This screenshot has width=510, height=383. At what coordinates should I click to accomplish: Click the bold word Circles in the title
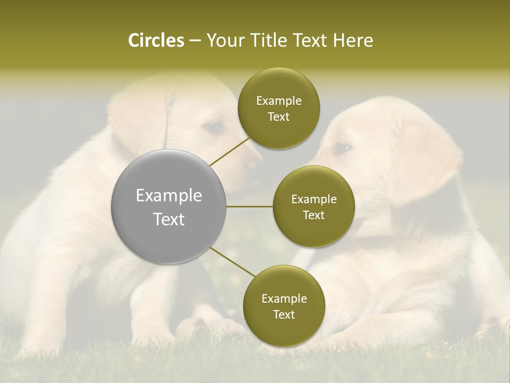tap(156, 40)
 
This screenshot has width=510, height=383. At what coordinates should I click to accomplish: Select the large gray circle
tap(169, 206)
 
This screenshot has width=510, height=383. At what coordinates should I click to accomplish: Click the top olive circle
tap(278, 108)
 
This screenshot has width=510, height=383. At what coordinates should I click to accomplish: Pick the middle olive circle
tap(313, 206)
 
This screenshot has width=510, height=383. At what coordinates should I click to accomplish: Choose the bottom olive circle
tap(284, 306)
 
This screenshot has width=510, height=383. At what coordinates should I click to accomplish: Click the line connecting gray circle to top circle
tap(229, 151)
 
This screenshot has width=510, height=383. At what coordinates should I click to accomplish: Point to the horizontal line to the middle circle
tap(250, 206)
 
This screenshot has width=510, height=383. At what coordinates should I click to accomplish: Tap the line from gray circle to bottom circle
tap(233, 263)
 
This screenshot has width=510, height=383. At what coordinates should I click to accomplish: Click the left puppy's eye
tap(215, 127)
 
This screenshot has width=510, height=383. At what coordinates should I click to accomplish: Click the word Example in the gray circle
tap(169, 196)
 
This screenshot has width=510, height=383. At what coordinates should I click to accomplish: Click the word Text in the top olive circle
tap(278, 117)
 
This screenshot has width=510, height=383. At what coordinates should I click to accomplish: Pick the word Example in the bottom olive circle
tap(284, 298)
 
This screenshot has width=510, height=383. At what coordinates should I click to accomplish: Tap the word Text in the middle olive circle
tap(313, 215)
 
